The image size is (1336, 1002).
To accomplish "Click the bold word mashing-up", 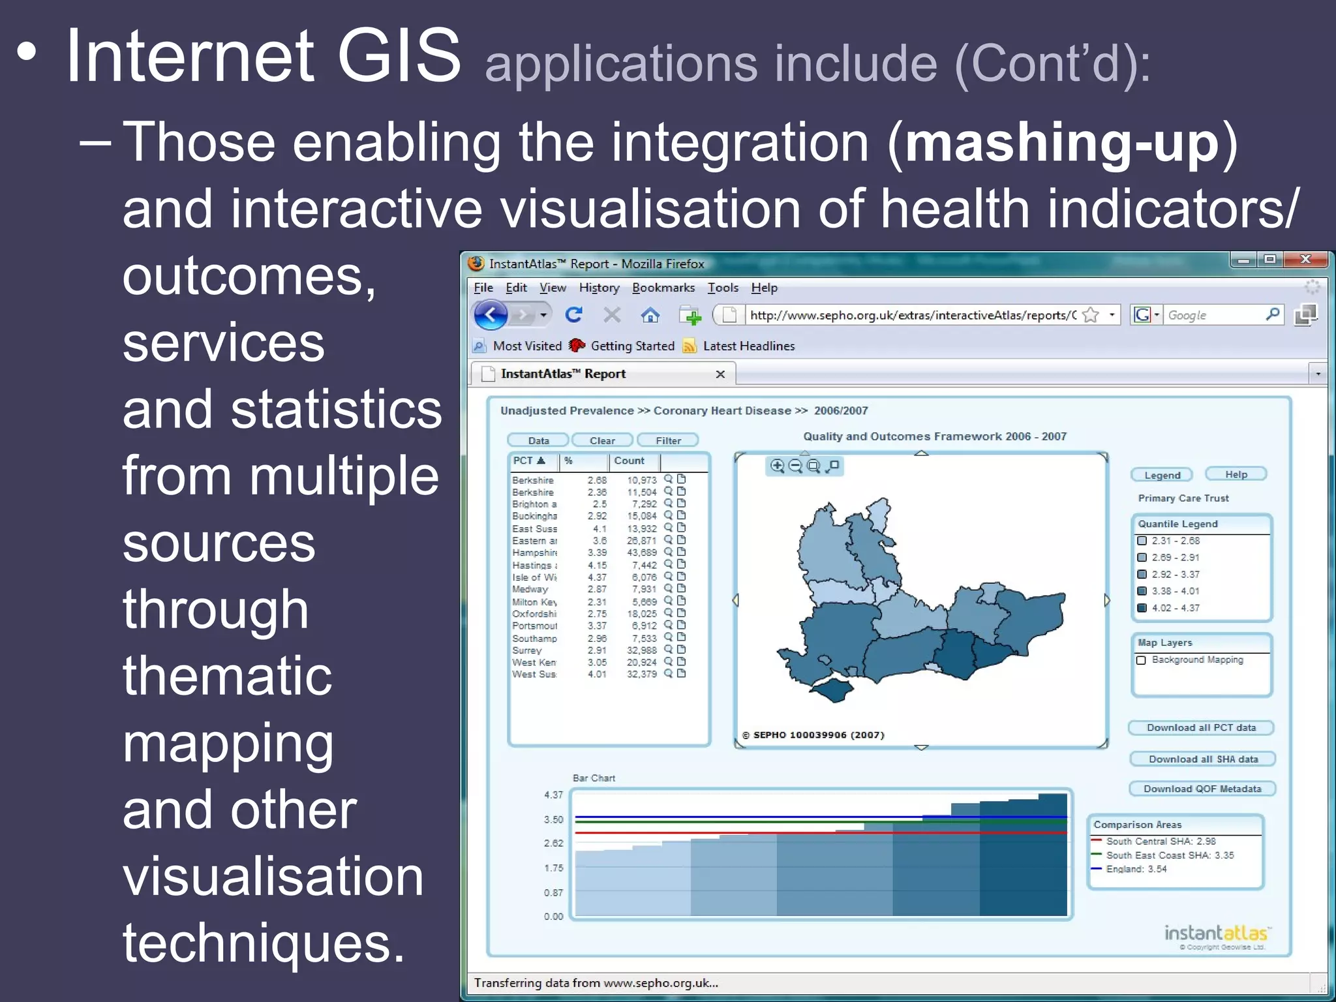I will click(1062, 143).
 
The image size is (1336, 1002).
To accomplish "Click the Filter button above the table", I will click(667, 440).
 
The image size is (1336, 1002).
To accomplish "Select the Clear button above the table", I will click(601, 440).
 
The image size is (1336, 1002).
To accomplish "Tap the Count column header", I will click(629, 461).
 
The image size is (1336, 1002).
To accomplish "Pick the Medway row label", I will click(530, 589).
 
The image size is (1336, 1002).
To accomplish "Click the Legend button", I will click(1162, 475).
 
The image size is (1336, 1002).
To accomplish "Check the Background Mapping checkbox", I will click(1142, 660).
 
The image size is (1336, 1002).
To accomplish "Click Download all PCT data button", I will click(1201, 727).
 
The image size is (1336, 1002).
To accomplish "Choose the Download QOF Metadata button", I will click(1202, 789).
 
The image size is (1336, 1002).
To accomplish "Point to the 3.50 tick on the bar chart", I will click(553, 819).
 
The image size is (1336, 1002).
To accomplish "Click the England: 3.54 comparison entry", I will click(1136, 869).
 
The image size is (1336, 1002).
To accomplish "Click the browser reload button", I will click(573, 315).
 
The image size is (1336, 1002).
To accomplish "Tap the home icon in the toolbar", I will click(650, 316).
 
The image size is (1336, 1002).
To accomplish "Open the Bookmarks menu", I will click(663, 288).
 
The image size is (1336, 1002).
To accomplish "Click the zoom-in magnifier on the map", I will click(777, 466).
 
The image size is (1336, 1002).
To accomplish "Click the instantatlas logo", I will click(1216, 933).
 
